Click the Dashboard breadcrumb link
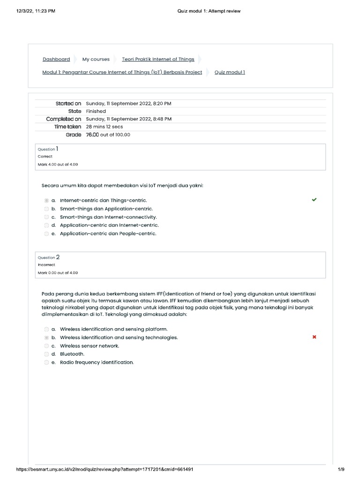coord(56,60)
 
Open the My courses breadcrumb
coord(96,60)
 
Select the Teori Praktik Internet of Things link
coord(158,60)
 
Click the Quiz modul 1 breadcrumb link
coord(230,72)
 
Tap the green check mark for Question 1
coord(314,200)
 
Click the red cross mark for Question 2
coord(314,337)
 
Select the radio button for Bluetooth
coord(46,354)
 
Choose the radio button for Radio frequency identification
coord(46,362)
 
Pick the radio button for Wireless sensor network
coord(46,346)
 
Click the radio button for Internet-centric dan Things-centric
coord(46,201)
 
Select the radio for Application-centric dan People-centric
coord(46,233)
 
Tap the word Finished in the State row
coord(96,111)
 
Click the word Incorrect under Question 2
coord(46,265)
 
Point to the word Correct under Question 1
coord(45,157)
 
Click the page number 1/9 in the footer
coord(341,469)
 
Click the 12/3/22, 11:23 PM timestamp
coord(36,11)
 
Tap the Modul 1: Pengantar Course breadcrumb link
coord(122,72)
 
